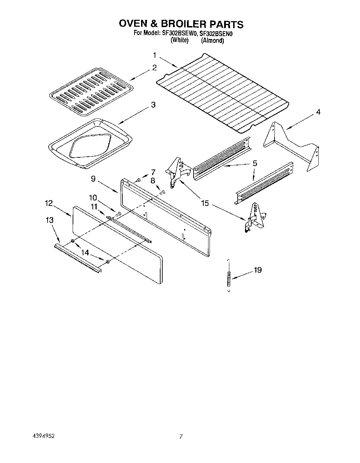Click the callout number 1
[155, 55]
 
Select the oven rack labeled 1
[222, 94]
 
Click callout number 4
[318, 112]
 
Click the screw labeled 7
[138, 180]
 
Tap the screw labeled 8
[162, 192]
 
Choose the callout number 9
[93, 179]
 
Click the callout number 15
[205, 203]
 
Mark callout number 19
[257, 270]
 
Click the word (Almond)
[212, 41]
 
